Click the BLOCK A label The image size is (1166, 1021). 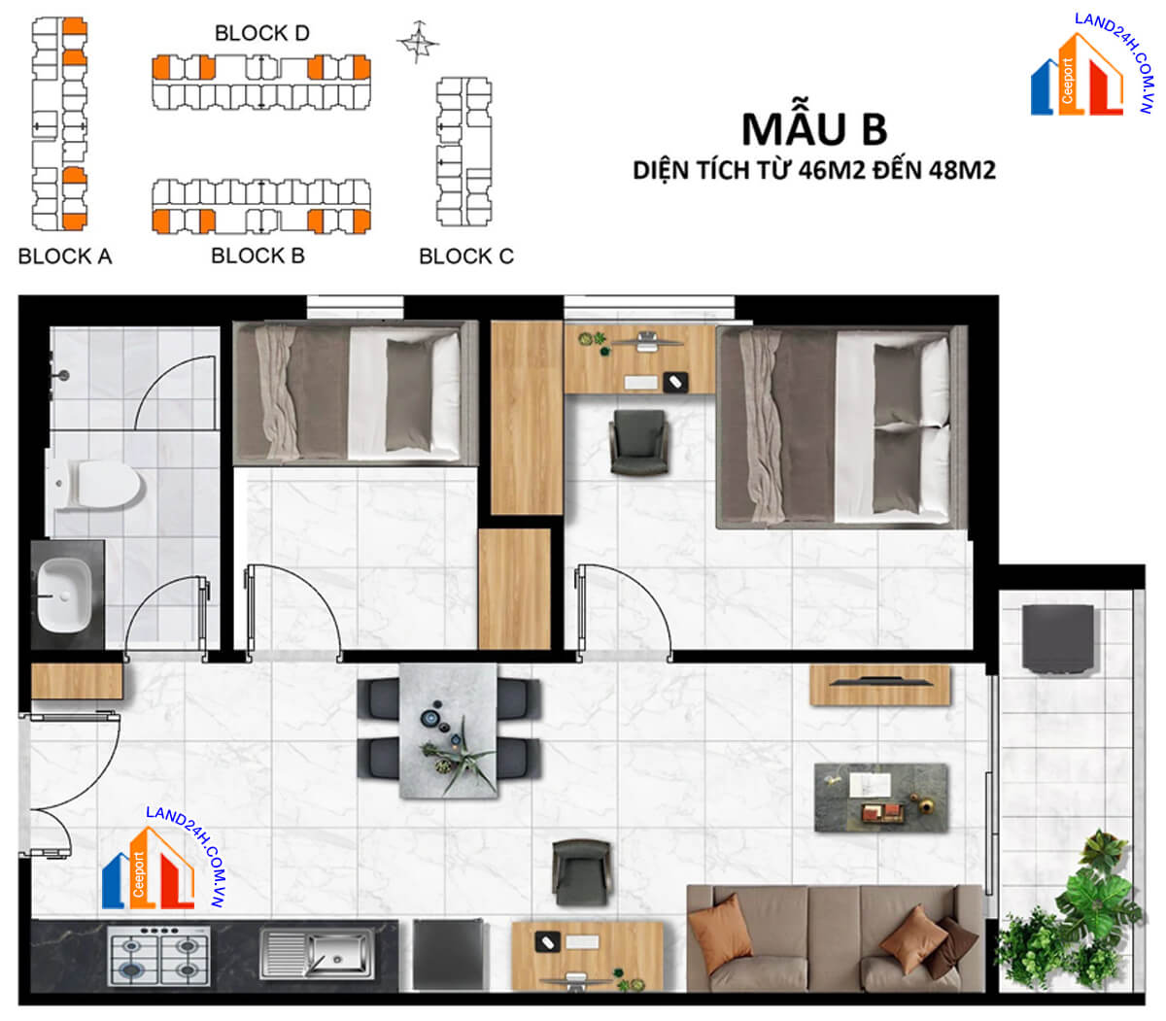click(65, 256)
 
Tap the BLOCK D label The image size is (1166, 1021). click(262, 33)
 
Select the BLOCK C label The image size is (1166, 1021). click(466, 256)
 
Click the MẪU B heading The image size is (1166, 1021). click(814, 129)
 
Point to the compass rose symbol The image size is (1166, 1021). click(418, 42)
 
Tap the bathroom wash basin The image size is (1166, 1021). click(64, 595)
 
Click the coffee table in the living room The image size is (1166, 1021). click(881, 798)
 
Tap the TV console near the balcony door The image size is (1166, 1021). click(880, 685)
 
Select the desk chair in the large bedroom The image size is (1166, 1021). click(638, 442)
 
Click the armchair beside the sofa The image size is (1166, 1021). click(581, 872)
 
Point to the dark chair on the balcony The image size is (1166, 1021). click(1058, 638)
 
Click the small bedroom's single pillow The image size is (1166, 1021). click(408, 394)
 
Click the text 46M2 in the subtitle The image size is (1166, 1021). click(832, 170)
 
